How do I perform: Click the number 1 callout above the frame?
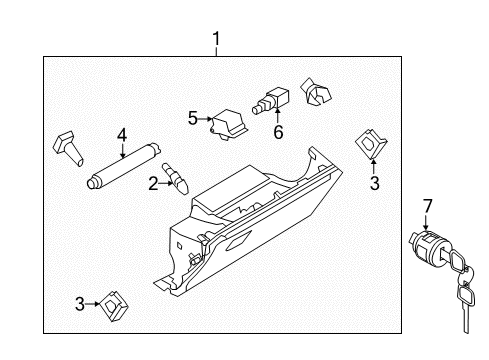pyautogui.click(x=215, y=39)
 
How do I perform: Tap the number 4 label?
pyautogui.click(x=121, y=135)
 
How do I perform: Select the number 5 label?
pyautogui.click(x=193, y=117)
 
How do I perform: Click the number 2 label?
pyautogui.click(x=153, y=183)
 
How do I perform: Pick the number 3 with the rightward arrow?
pyautogui.click(x=79, y=304)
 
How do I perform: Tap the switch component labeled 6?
pyautogui.click(x=271, y=102)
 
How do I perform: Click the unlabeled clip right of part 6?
pyautogui.click(x=319, y=95)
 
